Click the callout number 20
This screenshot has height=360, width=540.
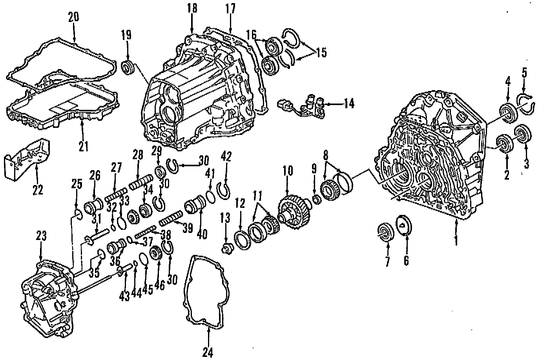point(73,17)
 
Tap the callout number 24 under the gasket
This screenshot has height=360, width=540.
point(208,353)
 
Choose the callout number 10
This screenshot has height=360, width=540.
point(288,171)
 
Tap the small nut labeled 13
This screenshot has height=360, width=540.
point(226,248)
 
